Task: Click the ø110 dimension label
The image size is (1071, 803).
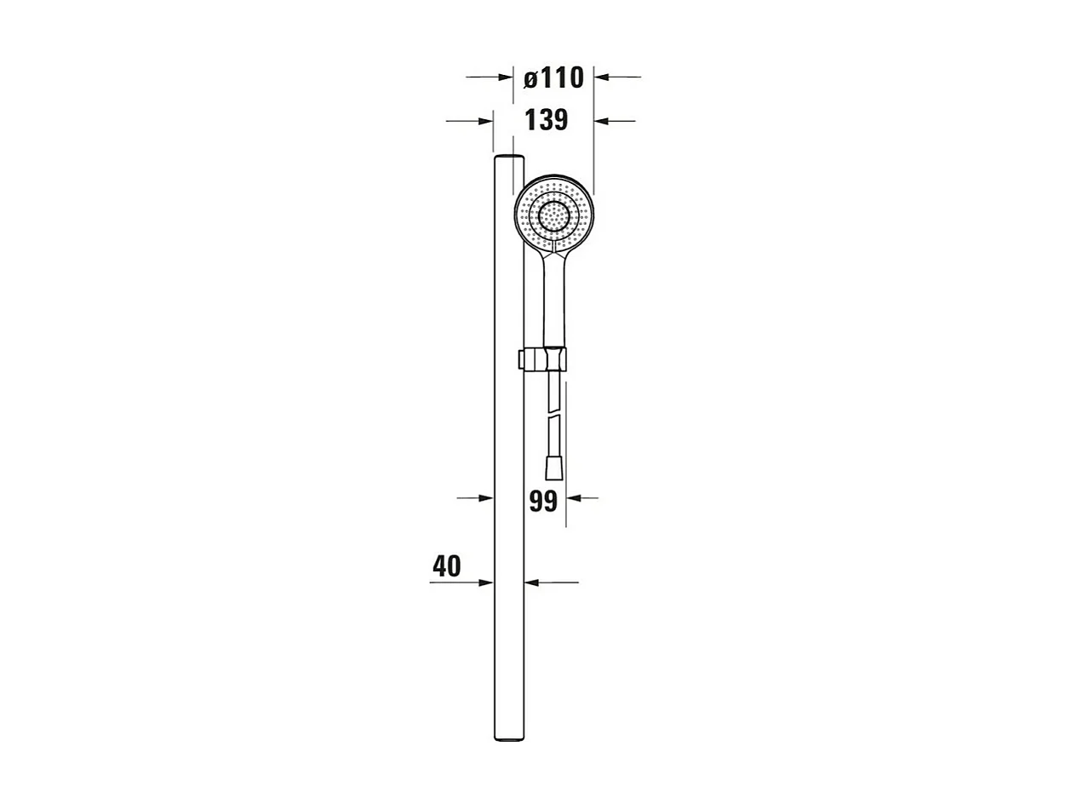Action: tap(553, 78)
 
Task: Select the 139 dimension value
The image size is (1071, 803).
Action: tap(546, 120)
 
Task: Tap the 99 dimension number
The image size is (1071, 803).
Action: tap(543, 502)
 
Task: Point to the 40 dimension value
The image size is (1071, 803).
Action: tap(446, 566)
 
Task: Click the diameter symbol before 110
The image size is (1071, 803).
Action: tap(530, 79)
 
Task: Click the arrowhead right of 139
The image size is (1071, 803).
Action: tap(601, 121)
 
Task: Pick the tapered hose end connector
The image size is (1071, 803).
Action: tap(553, 467)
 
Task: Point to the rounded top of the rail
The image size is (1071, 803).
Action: tap(509, 158)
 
